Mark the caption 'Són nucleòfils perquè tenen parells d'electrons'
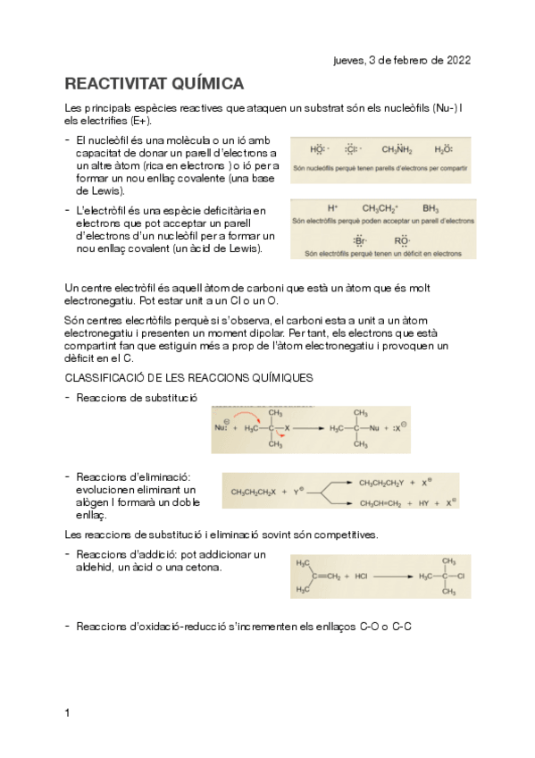(382, 168)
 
